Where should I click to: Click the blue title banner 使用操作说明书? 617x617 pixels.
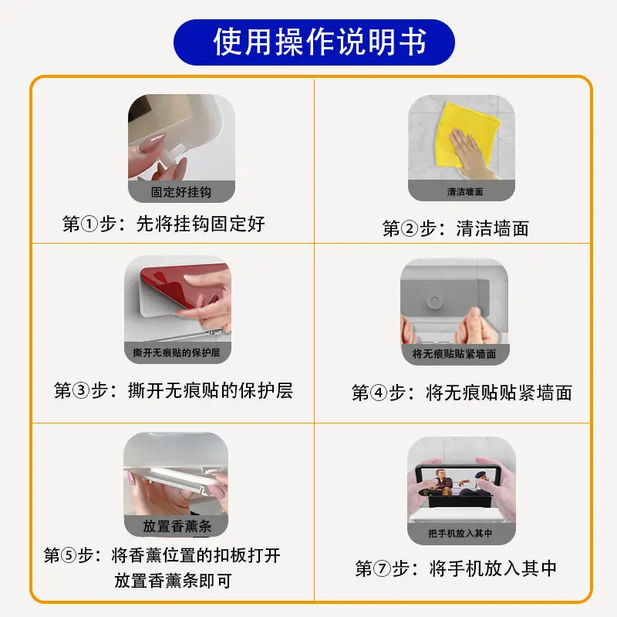(314, 42)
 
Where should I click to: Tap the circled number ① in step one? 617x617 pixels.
(89, 224)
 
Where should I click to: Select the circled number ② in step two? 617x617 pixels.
(410, 228)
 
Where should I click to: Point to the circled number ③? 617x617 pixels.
(81, 391)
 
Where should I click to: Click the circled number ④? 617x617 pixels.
(379, 393)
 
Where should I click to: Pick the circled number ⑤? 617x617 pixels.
(69, 555)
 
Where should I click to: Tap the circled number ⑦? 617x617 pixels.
(382, 568)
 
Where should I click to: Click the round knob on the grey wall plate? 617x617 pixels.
(434, 302)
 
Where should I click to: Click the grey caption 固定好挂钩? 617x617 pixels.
(181, 192)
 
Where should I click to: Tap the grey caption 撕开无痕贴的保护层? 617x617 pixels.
(177, 352)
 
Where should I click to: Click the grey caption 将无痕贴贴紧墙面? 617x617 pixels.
(455, 354)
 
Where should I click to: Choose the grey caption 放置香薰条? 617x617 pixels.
(176, 526)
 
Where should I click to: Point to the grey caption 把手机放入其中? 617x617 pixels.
(461, 534)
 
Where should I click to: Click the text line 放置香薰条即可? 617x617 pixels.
(173, 581)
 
